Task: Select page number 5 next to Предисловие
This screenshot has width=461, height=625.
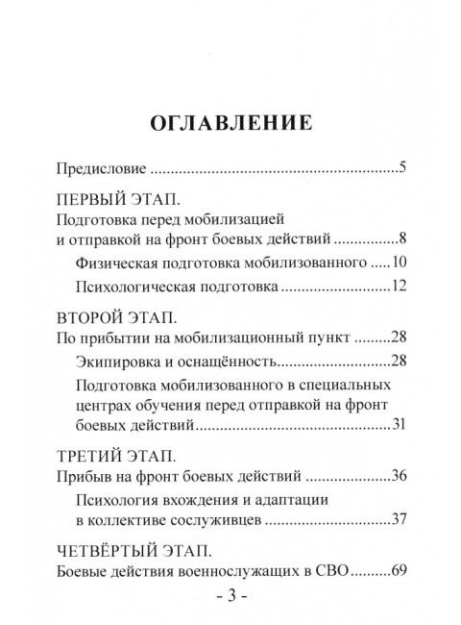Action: tap(404, 169)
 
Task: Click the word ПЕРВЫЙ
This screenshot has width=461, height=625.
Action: tap(93, 202)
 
